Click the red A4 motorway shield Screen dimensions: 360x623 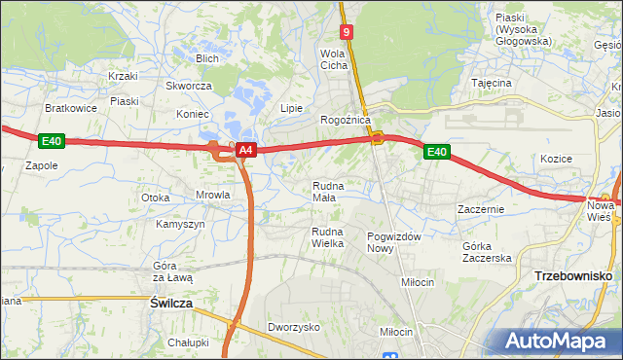[246, 150]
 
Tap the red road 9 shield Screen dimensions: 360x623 [348, 32]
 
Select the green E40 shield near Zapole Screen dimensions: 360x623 [52, 142]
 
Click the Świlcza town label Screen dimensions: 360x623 [171, 304]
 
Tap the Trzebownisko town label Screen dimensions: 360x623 [572, 276]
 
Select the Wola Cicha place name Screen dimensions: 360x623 [334, 59]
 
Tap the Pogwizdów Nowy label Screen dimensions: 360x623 [393, 242]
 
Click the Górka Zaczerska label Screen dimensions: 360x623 [487, 252]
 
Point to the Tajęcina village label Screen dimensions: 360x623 [492, 83]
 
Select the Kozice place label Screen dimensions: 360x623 [555, 159]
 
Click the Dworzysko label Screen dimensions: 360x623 [294, 328]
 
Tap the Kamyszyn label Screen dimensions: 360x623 [180, 224]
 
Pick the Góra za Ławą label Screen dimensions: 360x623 [172, 271]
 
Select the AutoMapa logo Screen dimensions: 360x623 [561, 342]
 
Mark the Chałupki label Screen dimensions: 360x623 [188, 342]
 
